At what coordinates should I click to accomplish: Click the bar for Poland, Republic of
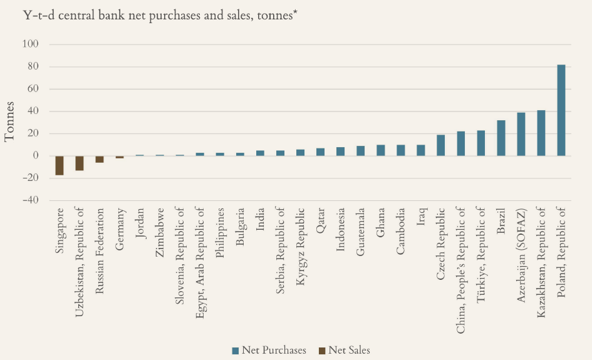tap(561, 110)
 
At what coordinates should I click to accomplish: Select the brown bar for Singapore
tap(60, 165)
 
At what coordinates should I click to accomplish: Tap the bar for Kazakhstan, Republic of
tap(541, 133)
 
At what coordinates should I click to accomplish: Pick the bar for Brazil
tap(501, 138)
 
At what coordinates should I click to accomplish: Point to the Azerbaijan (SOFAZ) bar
tap(521, 134)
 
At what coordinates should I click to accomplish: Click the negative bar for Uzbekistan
tap(80, 163)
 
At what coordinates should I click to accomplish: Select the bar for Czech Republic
tap(440, 145)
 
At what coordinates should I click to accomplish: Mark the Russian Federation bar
tap(100, 159)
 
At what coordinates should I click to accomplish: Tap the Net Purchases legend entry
tap(269, 350)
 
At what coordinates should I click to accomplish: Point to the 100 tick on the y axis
tap(31, 44)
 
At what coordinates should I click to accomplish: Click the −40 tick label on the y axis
tap(29, 200)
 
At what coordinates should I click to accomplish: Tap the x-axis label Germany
tap(120, 229)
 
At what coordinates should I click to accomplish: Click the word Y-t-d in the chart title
tap(23, 15)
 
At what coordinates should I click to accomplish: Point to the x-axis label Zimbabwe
tap(160, 233)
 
